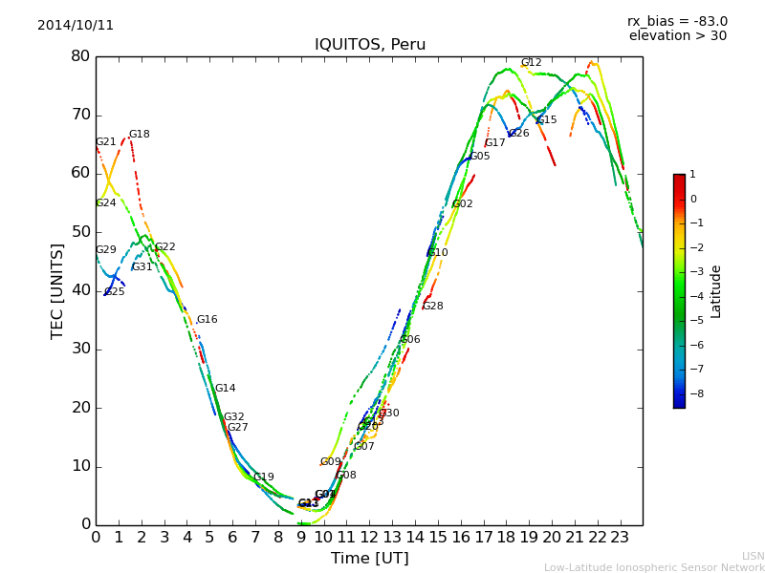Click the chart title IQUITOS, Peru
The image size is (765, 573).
pos(370,45)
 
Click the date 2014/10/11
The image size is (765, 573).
pos(76,26)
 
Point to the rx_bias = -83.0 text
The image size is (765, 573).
pos(677,22)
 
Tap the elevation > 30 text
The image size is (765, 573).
pos(677,36)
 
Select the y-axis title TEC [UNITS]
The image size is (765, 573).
pos(57,290)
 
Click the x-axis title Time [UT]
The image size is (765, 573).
pos(369,559)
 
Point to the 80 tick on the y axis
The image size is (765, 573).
pos(80,56)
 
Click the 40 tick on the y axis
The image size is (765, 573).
pos(80,290)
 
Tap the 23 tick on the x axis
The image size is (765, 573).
pos(620,537)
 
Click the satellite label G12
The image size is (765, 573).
pos(531,63)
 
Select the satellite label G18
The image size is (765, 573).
pos(140,135)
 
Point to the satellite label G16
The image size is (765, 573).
pos(207,320)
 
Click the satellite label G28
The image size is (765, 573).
pos(432,307)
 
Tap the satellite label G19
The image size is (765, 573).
pos(263,477)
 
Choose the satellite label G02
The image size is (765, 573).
pos(463,204)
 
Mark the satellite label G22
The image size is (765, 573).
pos(165,247)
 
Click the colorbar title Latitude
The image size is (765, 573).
pos(716,290)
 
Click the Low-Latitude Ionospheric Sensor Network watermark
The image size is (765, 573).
pos(654,567)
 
